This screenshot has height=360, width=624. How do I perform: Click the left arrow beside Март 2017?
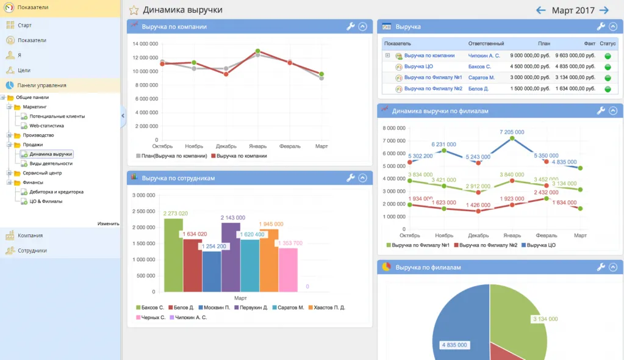coord(540,10)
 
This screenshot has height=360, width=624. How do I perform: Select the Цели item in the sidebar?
coord(24,70)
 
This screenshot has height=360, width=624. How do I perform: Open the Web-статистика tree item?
coord(46,126)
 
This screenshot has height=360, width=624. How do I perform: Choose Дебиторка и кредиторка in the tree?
coord(56,192)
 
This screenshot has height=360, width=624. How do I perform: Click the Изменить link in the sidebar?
coord(108,223)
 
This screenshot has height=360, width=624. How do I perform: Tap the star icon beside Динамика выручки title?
coord(134,10)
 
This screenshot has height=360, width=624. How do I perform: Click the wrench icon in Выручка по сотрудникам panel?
coord(350,178)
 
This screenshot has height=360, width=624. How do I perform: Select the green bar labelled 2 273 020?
coord(173,256)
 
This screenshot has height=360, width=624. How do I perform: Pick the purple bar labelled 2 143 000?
coord(231,259)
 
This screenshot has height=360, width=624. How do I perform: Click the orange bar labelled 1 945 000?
coord(268,262)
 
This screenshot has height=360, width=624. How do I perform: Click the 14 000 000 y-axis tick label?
coord(145,44)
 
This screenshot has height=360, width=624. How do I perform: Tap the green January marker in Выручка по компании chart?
coord(258,51)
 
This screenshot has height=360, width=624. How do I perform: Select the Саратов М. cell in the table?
coord(481,77)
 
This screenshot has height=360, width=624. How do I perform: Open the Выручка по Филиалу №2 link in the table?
coord(433,88)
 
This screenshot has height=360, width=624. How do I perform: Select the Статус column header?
coord(608,44)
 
